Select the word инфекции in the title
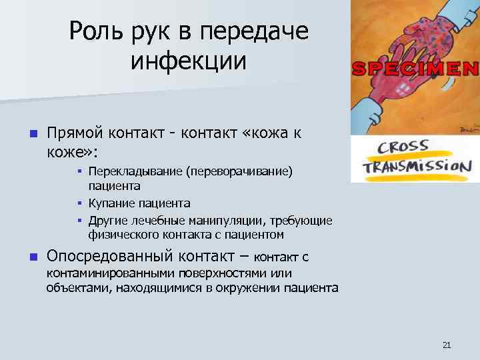[189, 61]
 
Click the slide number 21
[447, 345]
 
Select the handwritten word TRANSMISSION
[418, 167]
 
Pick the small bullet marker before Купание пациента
[79, 203]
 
